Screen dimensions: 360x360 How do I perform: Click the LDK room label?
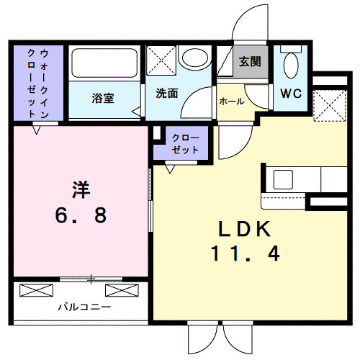pyautogui.click(x=244, y=228)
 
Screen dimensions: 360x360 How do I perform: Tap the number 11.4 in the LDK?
pyautogui.click(x=245, y=253)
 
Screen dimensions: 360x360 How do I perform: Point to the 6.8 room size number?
pyautogui.click(x=80, y=214)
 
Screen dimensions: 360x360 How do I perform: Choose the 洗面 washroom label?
pyautogui.click(x=167, y=94)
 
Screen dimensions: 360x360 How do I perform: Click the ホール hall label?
pyautogui.click(x=232, y=101)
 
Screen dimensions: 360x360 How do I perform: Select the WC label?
pyautogui.click(x=292, y=94)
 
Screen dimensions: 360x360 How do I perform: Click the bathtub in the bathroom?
pyautogui.click(x=103, y=66)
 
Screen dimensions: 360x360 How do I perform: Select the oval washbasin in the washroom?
pyautogui.click(x=194, y=58)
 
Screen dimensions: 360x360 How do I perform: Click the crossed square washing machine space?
pyautogui.click(x=161, y=58)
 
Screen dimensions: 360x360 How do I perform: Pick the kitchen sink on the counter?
pyautogui.click(x=283, y=179)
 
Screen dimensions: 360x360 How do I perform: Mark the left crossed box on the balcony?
pyautogui.click(x=37, y=291)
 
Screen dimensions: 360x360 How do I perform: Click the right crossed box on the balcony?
pyautogui.click(x=122, y=291)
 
